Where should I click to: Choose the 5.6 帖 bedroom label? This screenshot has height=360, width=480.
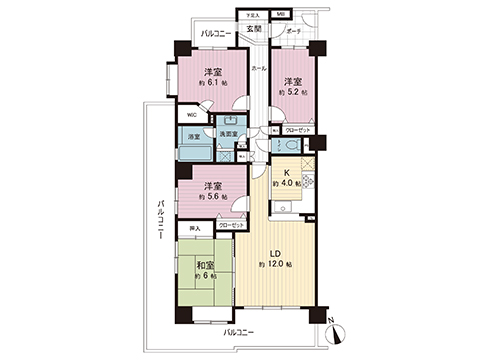[212, 190]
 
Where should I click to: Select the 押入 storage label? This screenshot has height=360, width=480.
[195, 228]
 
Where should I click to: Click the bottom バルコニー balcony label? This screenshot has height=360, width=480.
[237, 331]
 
